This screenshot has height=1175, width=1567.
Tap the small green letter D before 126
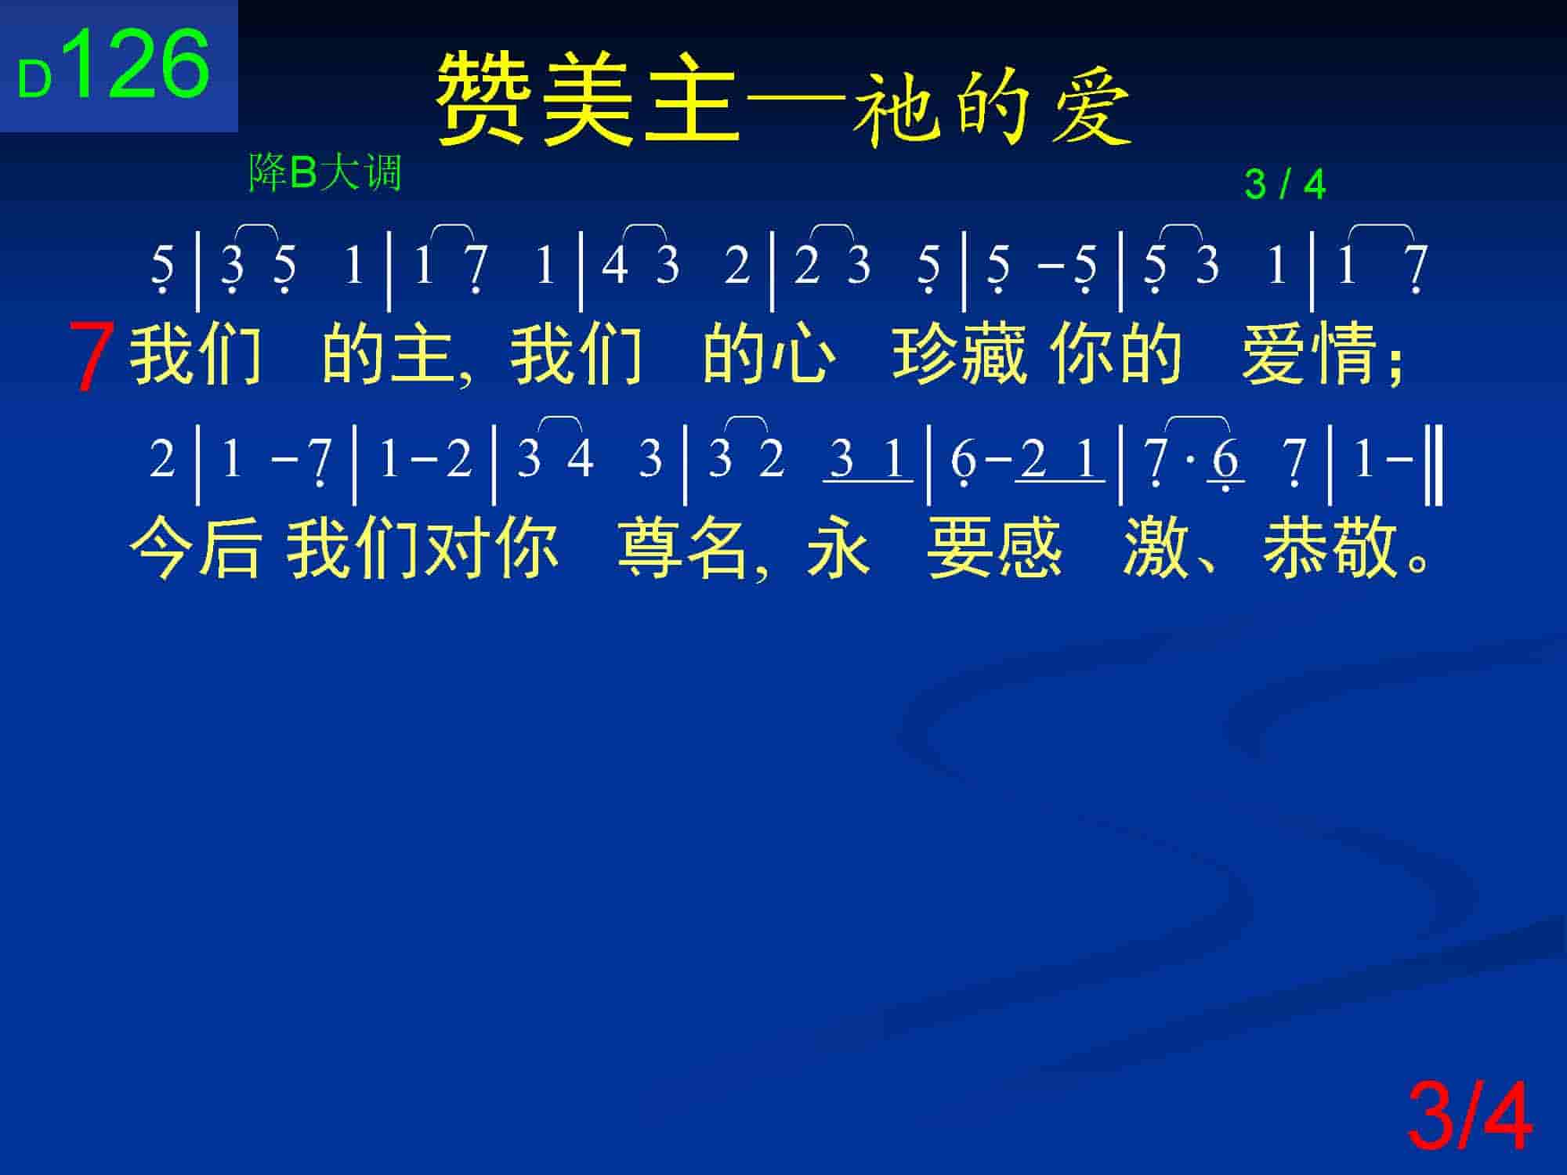[35, 80]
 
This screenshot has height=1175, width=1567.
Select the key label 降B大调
[325, 172]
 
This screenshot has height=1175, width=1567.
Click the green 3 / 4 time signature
[1285, 185]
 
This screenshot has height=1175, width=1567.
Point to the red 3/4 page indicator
[1469, 1115]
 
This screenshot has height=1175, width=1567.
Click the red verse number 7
[91, 356]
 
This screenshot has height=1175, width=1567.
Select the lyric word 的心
[769, 353]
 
